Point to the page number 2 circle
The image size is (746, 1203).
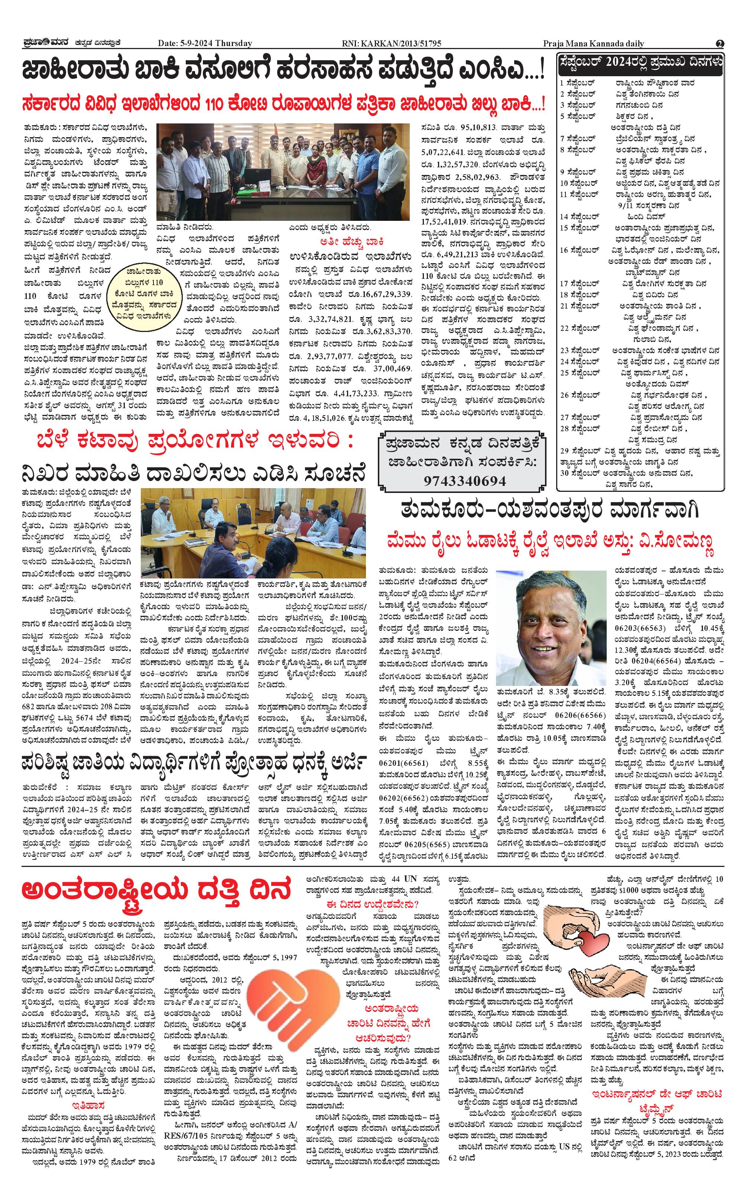tap(720, 43)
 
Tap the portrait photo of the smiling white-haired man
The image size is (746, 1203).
tap(551, 628)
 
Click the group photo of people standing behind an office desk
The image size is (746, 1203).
tap(283, 171)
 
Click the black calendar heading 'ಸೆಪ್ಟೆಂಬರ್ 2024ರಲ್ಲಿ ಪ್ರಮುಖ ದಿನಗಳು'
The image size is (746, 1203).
tap(640, 63)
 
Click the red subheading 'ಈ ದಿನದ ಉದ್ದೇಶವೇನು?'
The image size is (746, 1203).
tap(373, 905)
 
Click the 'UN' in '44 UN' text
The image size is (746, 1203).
tap(411, 879)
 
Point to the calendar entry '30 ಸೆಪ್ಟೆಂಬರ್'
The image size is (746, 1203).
tap(579, 473)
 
